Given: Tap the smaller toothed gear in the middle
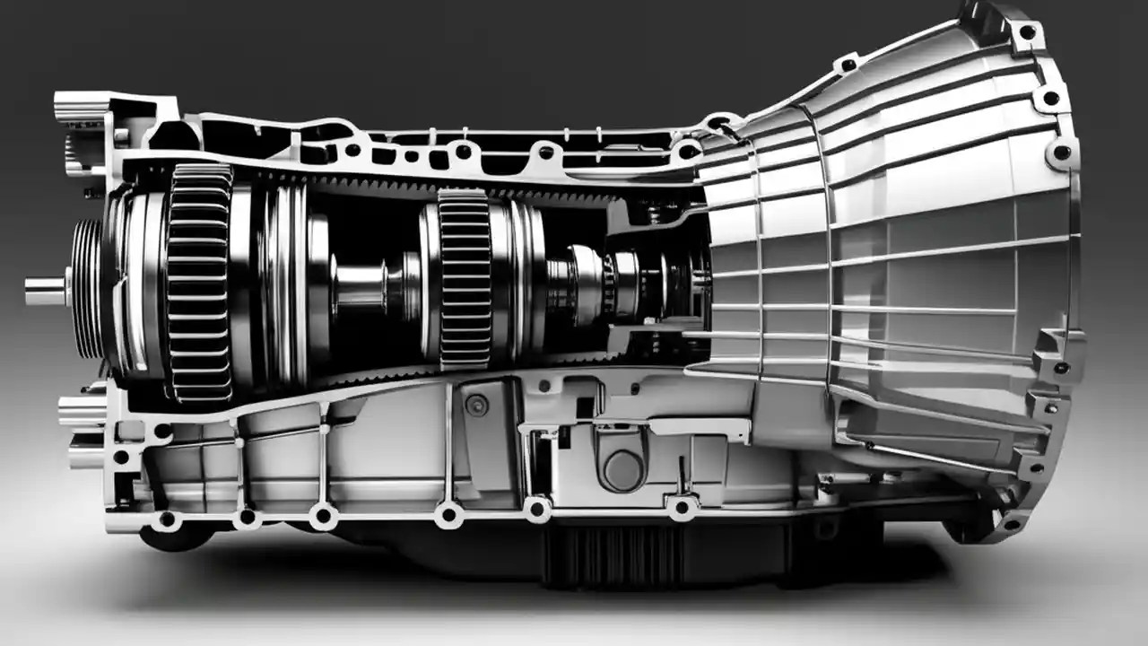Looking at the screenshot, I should point(464,279).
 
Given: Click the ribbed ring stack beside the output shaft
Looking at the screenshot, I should point(87,288).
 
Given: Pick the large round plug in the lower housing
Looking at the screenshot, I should point(622,469).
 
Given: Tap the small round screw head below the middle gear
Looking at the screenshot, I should point(477,406).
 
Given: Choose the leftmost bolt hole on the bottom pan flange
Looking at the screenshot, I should point(167,519).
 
